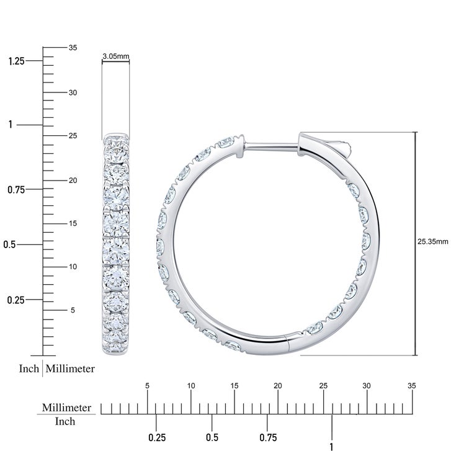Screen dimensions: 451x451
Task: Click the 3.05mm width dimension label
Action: coord(116,56)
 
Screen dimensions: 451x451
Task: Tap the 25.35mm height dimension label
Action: coord(432,241)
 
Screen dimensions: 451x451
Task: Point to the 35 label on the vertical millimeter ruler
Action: coord(73,48)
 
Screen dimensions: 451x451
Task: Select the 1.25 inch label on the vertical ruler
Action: coord(16,61)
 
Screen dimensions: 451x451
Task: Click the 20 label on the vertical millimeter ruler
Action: coord(73,181)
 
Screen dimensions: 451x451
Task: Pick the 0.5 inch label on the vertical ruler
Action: coord(9,244)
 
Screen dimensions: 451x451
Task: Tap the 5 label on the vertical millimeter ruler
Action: coord(73,310)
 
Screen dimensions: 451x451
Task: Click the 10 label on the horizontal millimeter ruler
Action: coord(191,386)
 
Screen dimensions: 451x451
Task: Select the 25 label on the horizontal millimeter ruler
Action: coord(323,386)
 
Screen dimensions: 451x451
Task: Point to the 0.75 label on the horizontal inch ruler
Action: coord(268,438)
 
